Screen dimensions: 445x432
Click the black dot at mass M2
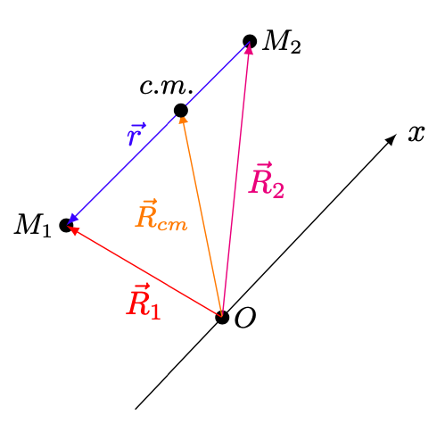point(250,41)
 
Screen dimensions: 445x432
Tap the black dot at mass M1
point(66,225)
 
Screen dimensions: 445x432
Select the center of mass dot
point(181,111)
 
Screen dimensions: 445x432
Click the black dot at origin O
point(222,317)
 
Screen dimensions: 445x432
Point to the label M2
point(282,42)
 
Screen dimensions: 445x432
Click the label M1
point(33,225)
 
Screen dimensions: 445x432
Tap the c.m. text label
point(167,87)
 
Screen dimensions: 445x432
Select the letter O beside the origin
point(245,318)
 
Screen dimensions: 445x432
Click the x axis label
point(416,133)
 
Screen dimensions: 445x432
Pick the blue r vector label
point(136,134)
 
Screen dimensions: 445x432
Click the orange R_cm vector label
point(161,215)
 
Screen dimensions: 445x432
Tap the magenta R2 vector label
point(267,180)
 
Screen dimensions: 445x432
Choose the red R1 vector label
point(144,302)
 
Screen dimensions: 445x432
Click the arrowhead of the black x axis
point(391,139)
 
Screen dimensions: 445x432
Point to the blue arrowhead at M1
point(73,219)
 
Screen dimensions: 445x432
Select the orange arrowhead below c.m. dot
point(184,120)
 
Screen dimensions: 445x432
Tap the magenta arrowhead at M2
point(249,49)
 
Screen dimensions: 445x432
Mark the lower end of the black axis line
point(136,409)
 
